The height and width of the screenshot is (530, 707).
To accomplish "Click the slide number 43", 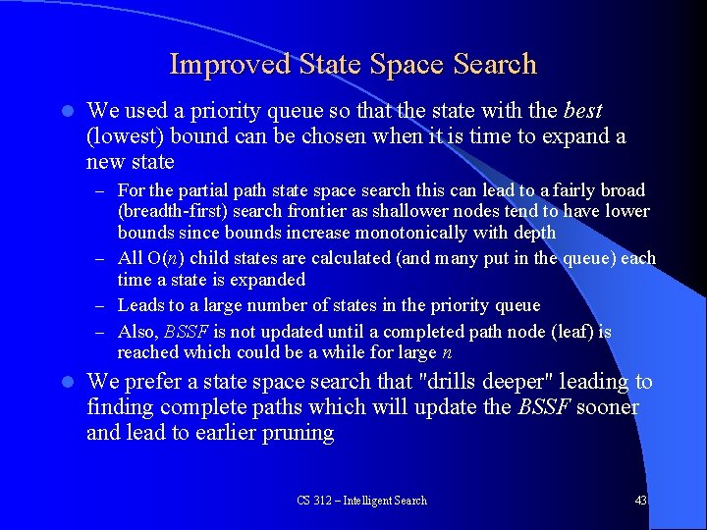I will point(641,501).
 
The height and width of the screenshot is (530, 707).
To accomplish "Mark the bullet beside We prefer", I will point(62,382).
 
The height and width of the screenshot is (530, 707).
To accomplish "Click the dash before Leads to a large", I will point(101,306).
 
